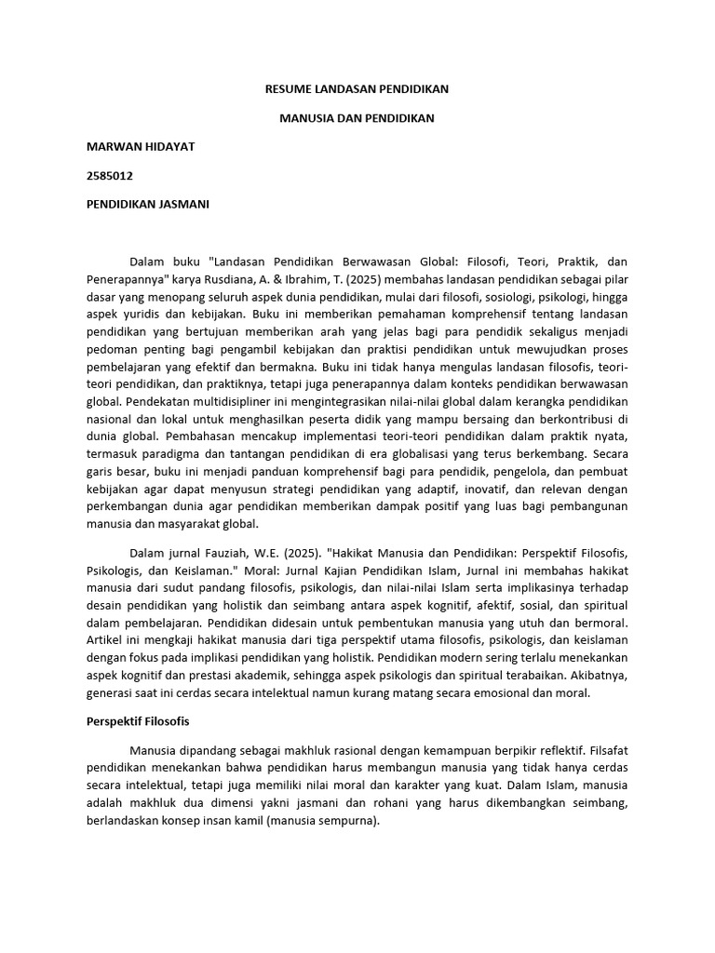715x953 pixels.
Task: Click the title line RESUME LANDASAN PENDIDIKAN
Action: point(357,90)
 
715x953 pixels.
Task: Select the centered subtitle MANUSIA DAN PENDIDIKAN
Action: point(357,119)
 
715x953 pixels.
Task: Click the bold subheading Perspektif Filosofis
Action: point(138,721)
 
